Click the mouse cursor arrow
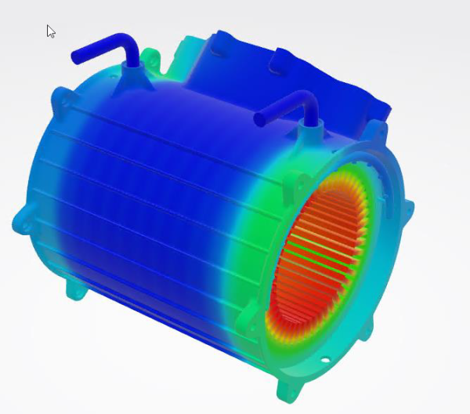click(50, 31)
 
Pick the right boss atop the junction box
click(278, 57)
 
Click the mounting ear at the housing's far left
click(22, 222)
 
